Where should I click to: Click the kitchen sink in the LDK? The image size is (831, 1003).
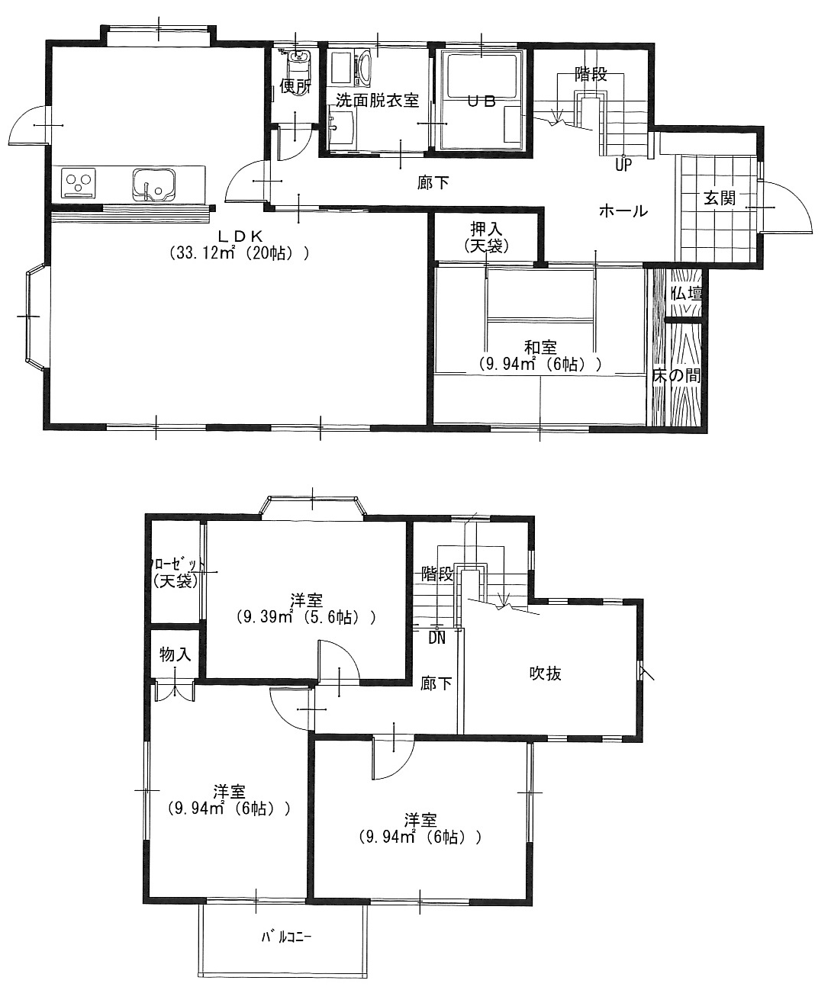[153, 185]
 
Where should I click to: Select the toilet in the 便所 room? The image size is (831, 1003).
[298, 68]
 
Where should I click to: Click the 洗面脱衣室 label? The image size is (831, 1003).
[377, 100]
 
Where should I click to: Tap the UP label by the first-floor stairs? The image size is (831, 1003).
[623, 166]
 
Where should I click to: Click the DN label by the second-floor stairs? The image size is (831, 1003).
[436, 638]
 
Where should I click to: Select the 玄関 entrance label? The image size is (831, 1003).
[720, 198]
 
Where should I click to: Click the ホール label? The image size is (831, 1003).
[623, 211]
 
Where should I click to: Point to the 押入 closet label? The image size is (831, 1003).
[486, 229]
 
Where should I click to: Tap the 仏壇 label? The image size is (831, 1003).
[687, 293]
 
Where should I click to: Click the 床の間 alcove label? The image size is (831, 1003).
[676, 375]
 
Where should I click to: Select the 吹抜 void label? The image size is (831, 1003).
[545, 673]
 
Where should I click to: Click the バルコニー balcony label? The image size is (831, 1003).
[286, 937]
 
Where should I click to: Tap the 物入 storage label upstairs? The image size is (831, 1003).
[175, 654]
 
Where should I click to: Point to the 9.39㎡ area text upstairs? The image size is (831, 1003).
[265, 616]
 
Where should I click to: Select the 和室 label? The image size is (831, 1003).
[540, 346]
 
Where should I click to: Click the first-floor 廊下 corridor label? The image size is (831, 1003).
[433, 182]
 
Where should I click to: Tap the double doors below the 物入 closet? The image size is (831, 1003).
[175, 692]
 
